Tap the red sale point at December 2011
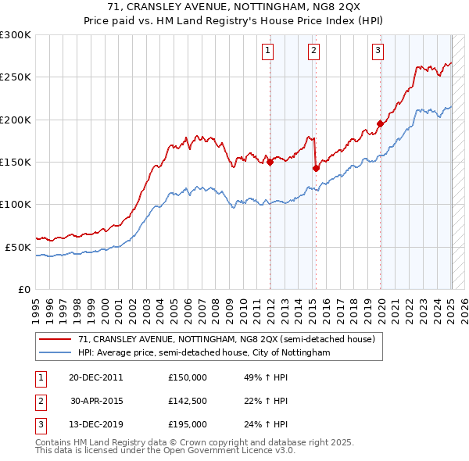coord(270,163)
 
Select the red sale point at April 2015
coord(316,167)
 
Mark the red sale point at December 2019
coord(381,123)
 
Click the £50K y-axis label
coord(18,247)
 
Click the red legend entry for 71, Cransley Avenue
coord(227,339)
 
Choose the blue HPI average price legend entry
coord(204,353)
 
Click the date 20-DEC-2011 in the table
coord(95,377)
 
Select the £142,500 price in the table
coord(188,401)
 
